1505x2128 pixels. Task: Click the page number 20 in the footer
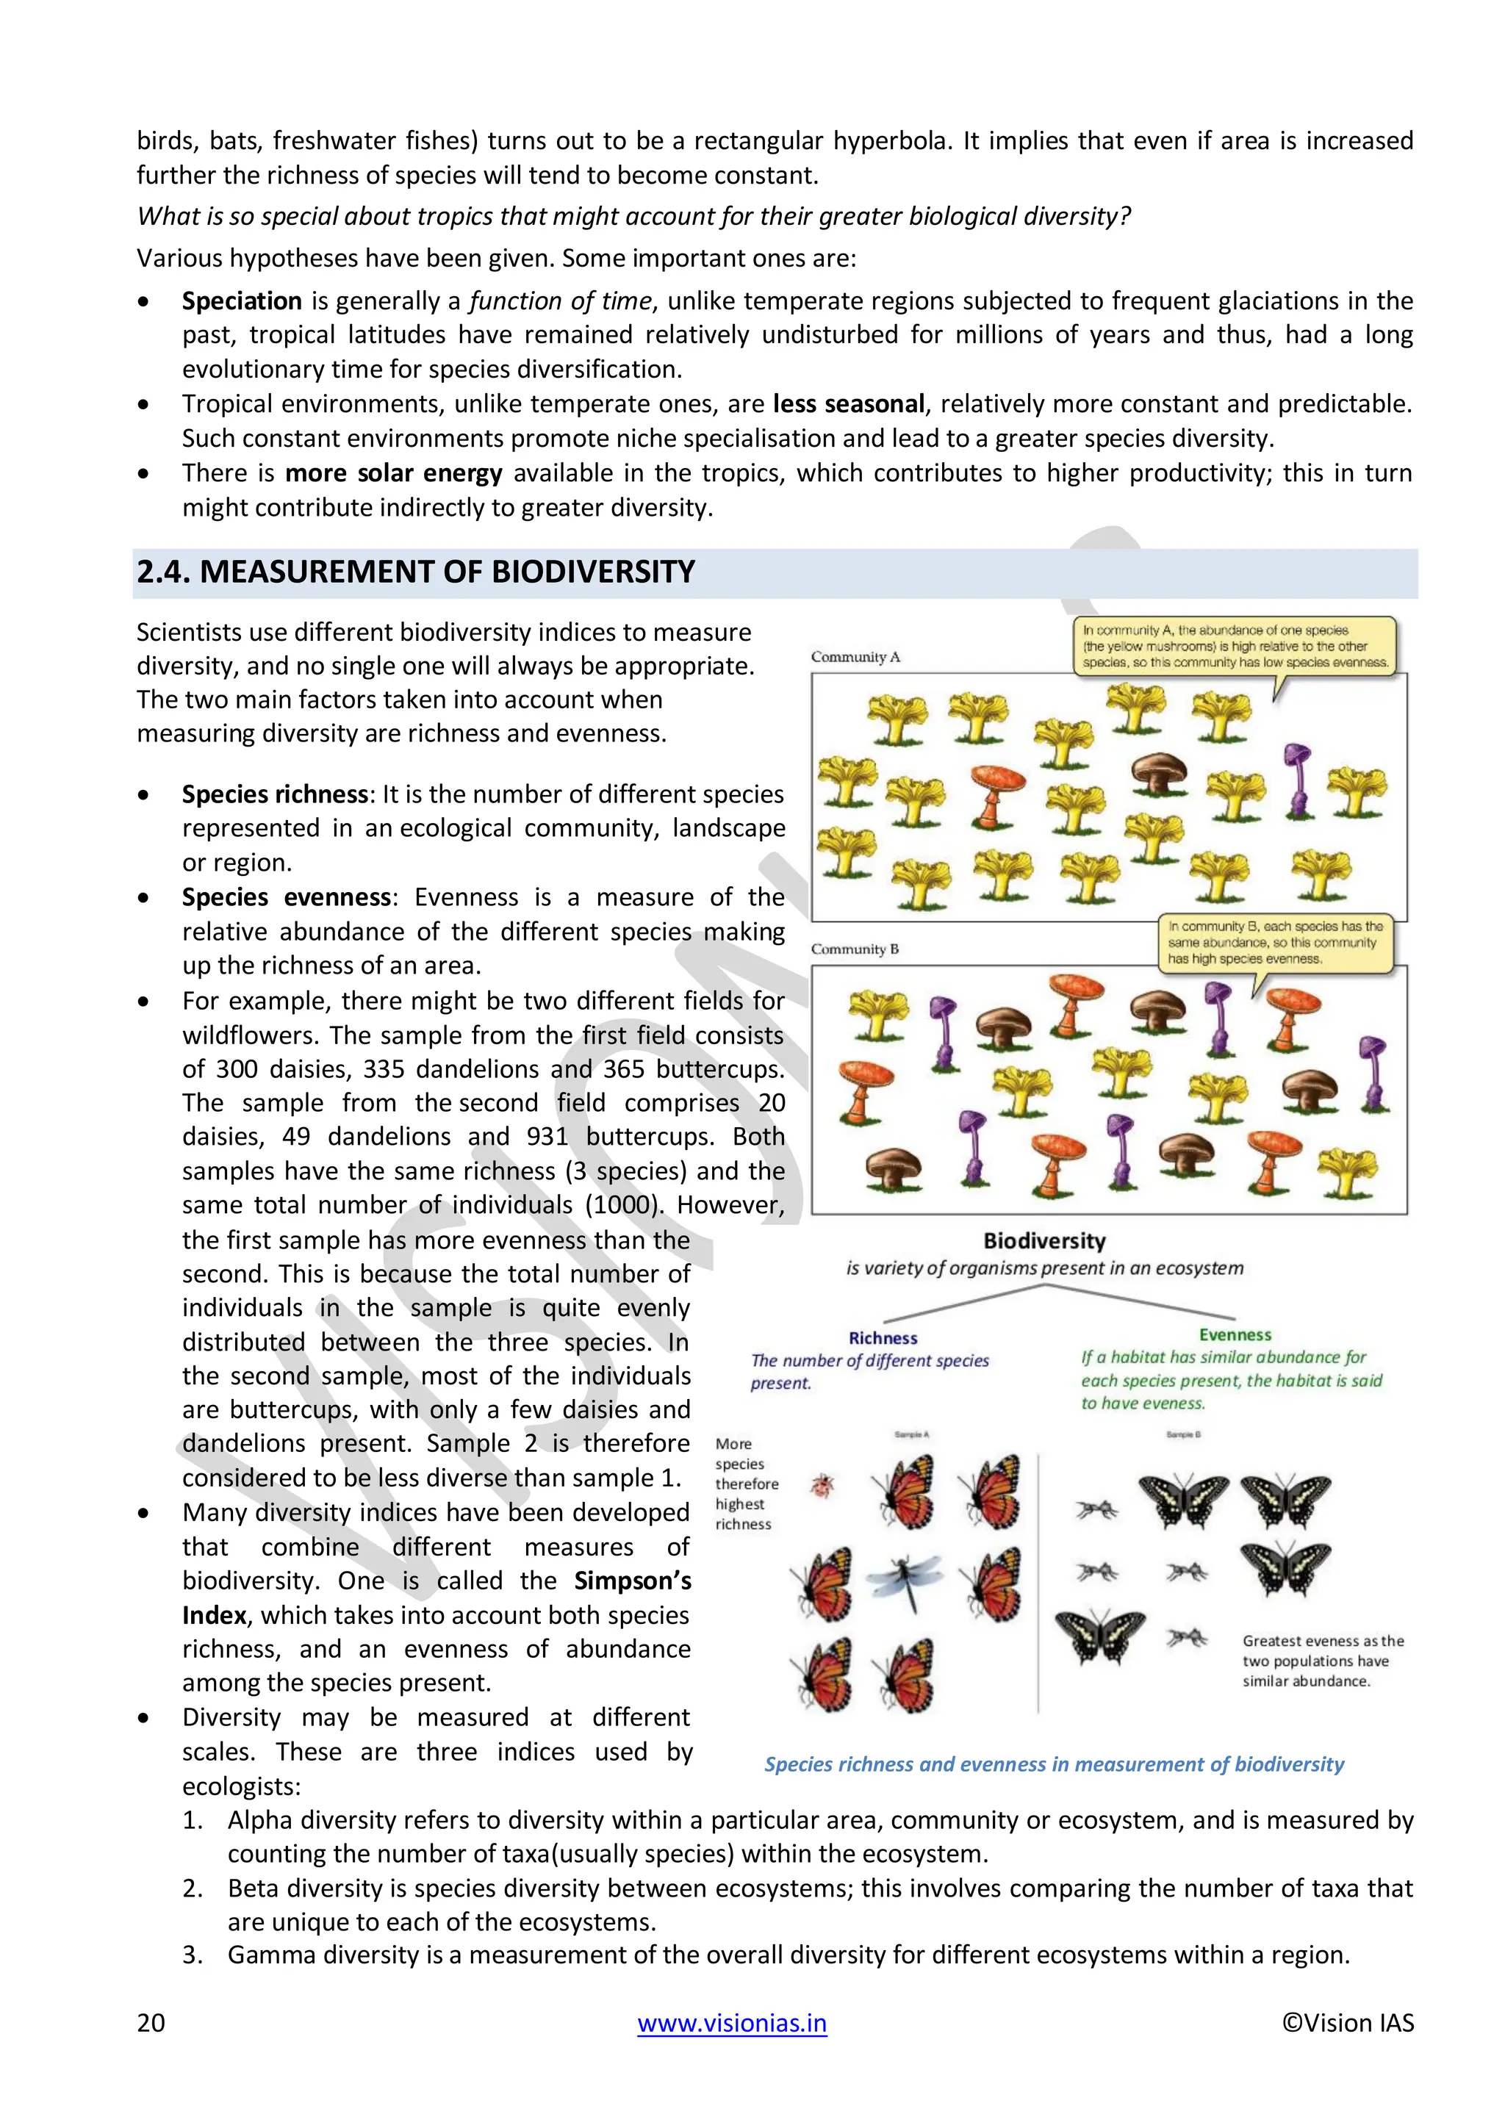(x=151, y=2021)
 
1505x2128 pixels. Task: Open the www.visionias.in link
(x=731, y=2021)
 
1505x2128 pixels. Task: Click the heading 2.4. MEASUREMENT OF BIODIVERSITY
(x=415, y=572)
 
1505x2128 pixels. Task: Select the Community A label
(x=855, y=656)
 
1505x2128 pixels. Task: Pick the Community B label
(x=855, y=949)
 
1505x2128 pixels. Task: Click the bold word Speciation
(x=241, y=301)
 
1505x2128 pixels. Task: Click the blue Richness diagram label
(x=883, y=1337)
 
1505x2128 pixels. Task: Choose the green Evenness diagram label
(x=1235, y=1334)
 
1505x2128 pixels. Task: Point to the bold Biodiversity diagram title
(x=1044, y=1240)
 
